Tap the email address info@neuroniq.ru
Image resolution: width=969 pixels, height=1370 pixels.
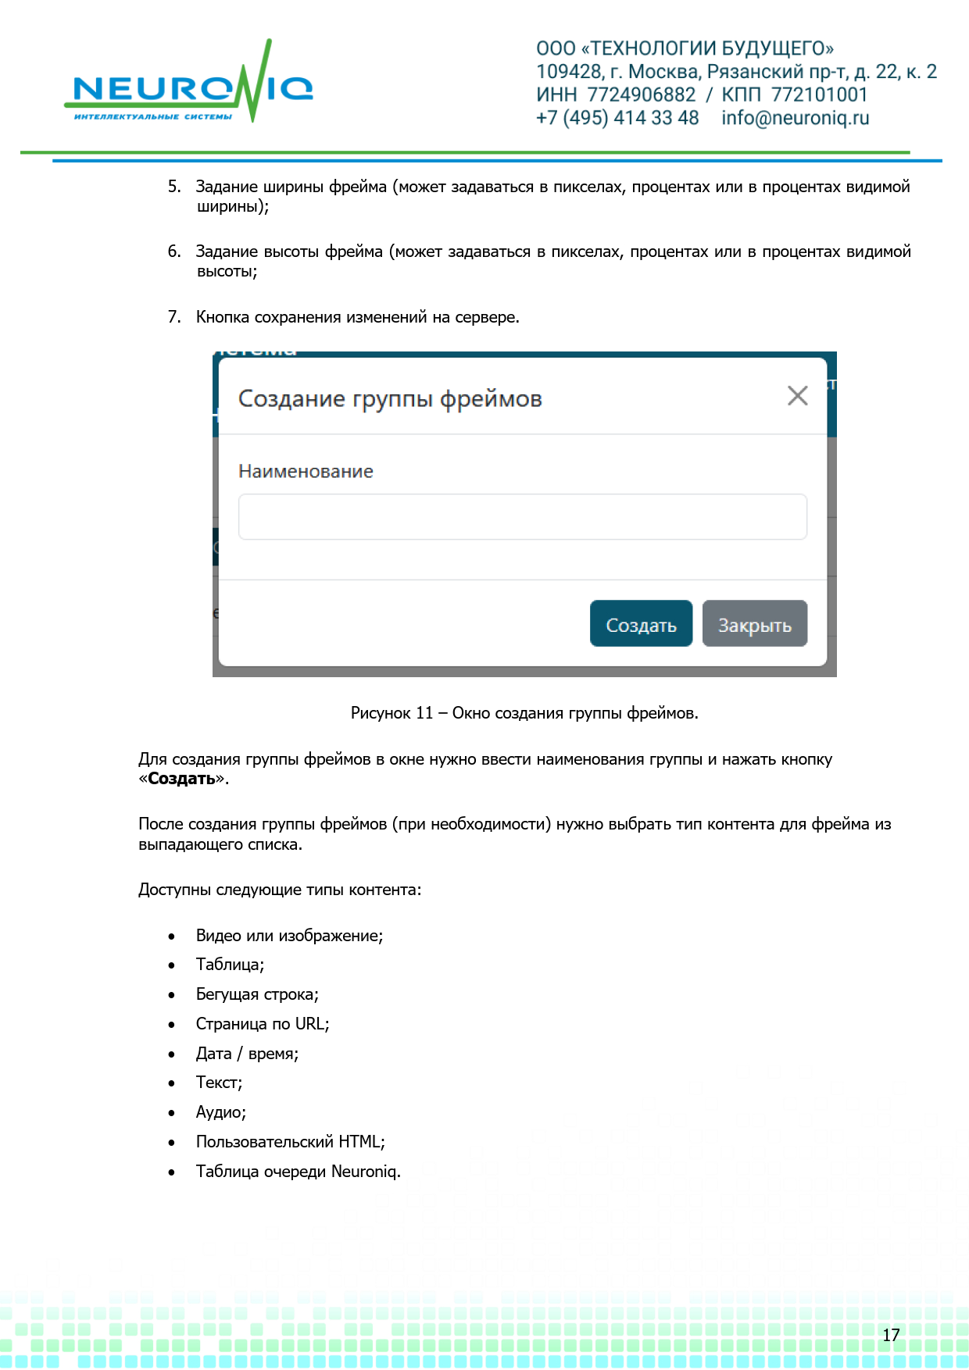coord(795,118)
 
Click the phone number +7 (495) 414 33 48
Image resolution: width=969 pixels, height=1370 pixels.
coord(617,118)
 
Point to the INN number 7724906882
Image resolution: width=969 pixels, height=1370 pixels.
coord(641,95)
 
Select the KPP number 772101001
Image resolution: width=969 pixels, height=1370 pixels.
coord(819,95)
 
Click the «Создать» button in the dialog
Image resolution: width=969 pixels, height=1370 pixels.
coord(641,624)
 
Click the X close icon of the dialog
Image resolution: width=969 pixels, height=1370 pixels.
coord(797,396)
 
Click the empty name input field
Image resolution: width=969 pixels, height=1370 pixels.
coord(522,516)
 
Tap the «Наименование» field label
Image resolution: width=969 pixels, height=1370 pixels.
coord(306,472)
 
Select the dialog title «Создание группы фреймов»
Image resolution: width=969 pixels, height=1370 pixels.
coord(390,399)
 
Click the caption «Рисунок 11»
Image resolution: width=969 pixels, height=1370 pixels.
coord(392,713)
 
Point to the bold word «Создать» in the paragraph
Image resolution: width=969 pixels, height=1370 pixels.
coord(181,780)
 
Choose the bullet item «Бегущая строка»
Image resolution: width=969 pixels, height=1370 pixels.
coord(256,995)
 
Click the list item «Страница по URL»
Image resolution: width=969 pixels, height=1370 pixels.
coord(262,1024)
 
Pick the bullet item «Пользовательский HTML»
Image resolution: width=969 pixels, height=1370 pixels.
coord(289,1142)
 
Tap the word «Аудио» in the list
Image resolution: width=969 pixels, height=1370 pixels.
coord(220,1112)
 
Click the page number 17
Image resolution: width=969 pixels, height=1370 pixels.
coord(891,1335)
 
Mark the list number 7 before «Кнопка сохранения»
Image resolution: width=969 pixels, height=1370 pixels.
coord(173,317)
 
